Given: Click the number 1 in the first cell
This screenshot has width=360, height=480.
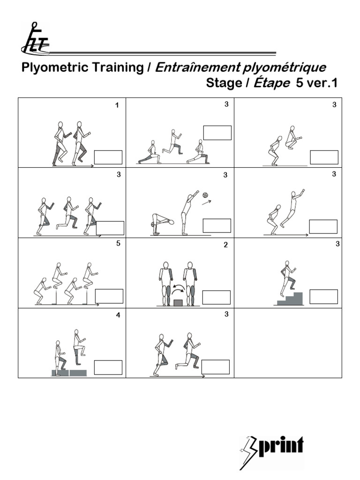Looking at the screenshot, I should [117, 105].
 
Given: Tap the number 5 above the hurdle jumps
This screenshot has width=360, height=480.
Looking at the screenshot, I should [119, 243].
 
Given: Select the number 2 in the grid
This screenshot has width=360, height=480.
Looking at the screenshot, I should [225, 245].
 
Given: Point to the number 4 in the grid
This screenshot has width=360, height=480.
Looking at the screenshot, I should [118, 315].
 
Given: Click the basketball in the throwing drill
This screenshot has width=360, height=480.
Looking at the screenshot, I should [205, 195].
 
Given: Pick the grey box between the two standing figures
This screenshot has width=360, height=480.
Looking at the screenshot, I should [178, 302].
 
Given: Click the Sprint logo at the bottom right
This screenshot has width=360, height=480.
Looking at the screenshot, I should [272, 449].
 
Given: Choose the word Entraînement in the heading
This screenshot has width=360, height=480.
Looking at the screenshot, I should [197, 67].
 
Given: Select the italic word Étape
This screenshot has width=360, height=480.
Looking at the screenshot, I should [271, 83].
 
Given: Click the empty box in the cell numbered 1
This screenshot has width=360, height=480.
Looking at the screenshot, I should [108, 157].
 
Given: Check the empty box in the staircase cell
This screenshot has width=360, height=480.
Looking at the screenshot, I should [323, 297].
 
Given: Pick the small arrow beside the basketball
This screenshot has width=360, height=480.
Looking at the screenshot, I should [206, 202].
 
